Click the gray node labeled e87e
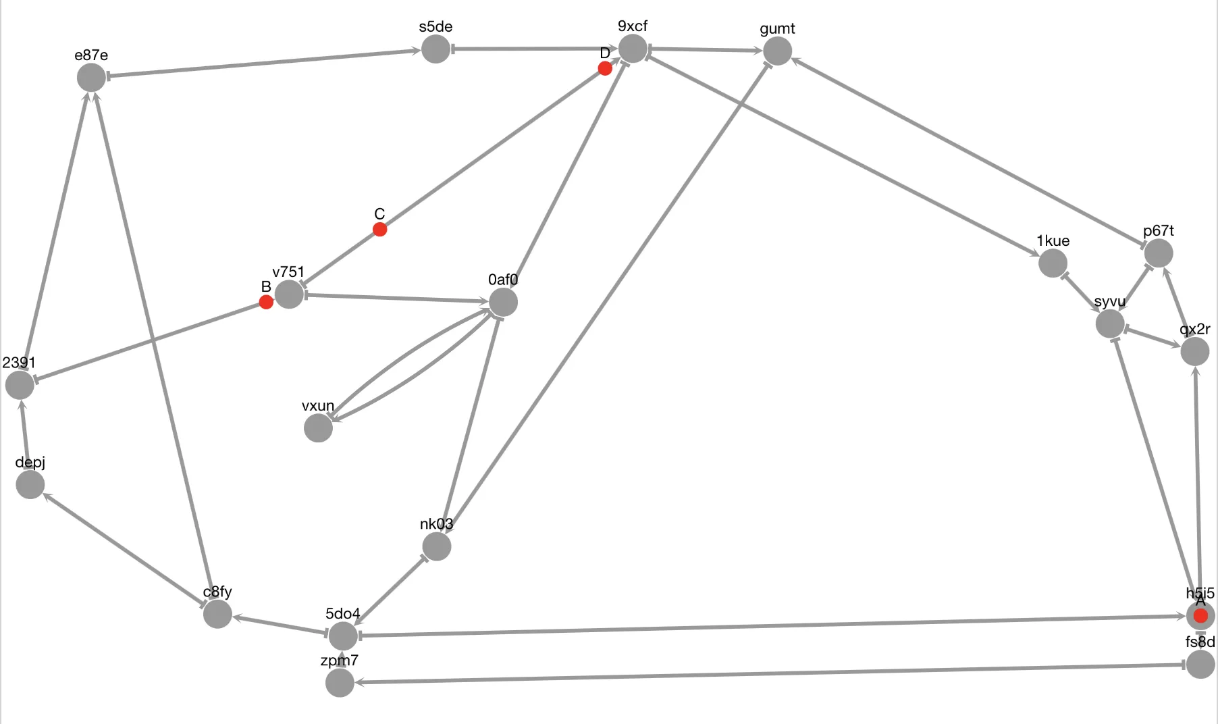coord(91,78)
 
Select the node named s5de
coord(435,49)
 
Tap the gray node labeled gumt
coord(777,51)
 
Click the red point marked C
coord(380,230)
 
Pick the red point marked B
coord(266,302)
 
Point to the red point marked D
coord(605,68)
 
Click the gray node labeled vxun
coord(318,428)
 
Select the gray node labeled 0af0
coord(503,302)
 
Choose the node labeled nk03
coord(437,546)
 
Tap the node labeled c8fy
coord(217,614)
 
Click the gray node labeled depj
coord(30,484)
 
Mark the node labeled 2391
coord(20,385)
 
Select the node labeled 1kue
coord(1053,263)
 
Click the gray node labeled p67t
coord(1159,253)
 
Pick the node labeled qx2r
coord(1194,351)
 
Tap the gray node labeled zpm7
coord(340,683)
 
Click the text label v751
coord(288,271)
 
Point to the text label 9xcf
coord(633,26)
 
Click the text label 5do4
coord(343,613)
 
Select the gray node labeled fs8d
coord(1200,665)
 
